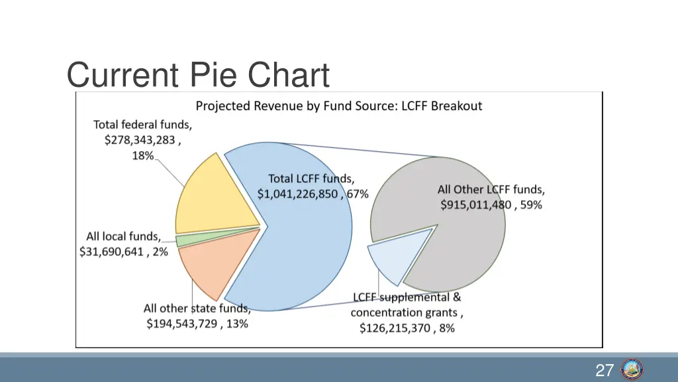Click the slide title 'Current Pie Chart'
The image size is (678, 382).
(x=198, y=75)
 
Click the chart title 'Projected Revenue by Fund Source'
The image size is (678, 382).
(x=338, y=105)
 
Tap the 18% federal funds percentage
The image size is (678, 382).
(x=142, y=156)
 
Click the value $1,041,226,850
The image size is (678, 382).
(x=299, y=194)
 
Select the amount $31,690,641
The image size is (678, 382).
(x=111, y=252)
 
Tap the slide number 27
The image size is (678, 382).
(x=604, y=370)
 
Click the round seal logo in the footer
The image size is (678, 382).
(x=632, y=369)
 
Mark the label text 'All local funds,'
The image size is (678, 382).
(x=123, y=236)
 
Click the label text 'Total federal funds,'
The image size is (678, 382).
(x=142, y=124)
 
